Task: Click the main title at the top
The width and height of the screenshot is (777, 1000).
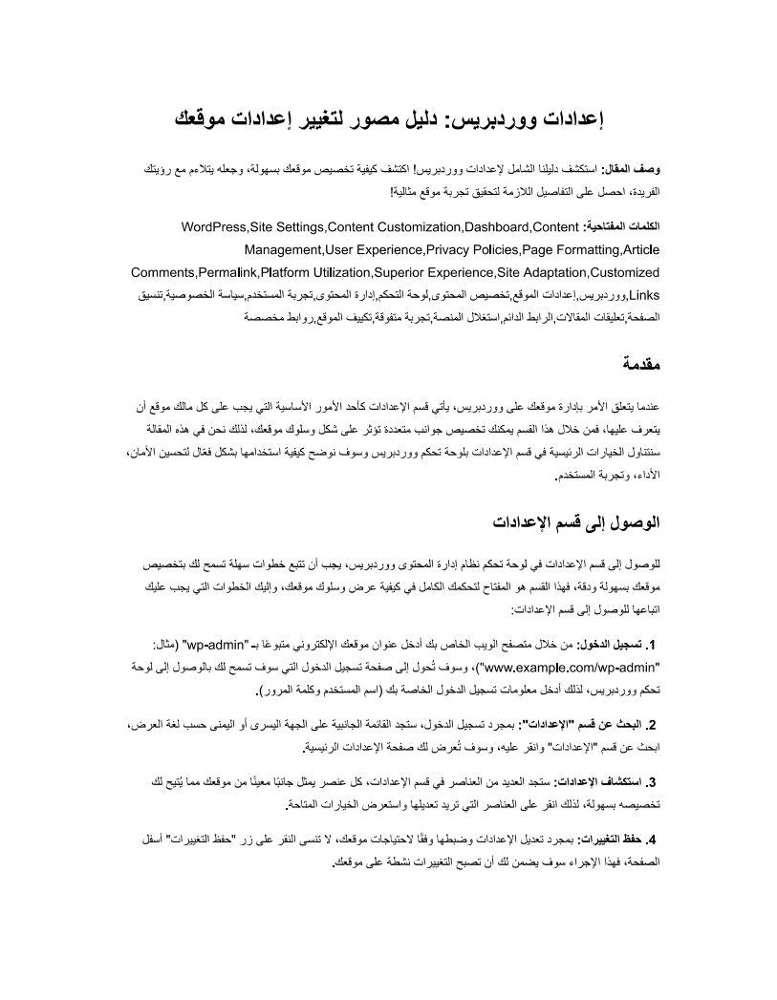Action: [x=388, y=120]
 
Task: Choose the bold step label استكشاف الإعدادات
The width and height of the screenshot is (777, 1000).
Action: [x=595, y=783]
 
